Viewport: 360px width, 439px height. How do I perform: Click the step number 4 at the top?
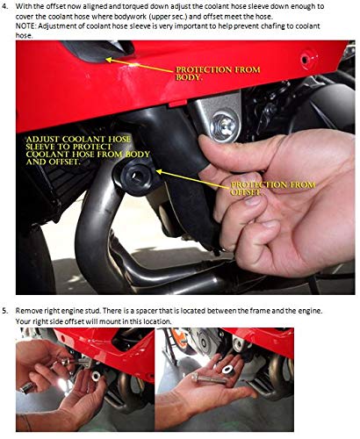[x=4, y=6]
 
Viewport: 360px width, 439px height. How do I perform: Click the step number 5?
[x=4, y=311]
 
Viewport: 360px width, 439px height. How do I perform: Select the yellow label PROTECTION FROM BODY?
[x=218, y=74]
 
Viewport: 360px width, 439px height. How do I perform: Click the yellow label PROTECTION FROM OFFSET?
[x=273, y=189]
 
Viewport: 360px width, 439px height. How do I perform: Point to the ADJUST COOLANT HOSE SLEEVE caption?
[x=88, y=150]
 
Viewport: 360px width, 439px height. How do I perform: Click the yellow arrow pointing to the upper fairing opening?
[x=140, y=65]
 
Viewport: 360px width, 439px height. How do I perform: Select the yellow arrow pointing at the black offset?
[x=193, y=179]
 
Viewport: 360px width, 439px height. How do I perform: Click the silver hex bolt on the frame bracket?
[x=225, y=126]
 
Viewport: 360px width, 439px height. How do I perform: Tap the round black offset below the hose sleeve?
[x=137, y=176]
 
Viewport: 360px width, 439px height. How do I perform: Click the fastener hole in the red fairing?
[x=306, y=60]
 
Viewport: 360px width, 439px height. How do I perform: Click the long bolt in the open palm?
[x=209, y=379]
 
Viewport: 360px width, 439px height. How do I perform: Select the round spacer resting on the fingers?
[x=228, y=370]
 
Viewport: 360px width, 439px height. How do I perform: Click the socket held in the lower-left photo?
[x=28, y=388]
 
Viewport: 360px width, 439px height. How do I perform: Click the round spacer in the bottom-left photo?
[x=95, y=377]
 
